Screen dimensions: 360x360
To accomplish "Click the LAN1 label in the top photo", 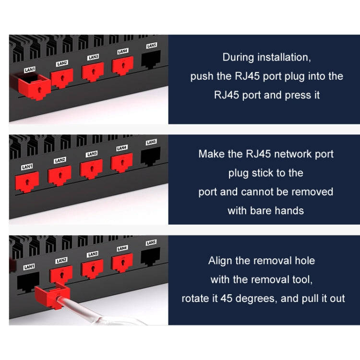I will tap(30, 70).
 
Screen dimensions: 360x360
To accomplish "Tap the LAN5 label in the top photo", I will tap(151, 46).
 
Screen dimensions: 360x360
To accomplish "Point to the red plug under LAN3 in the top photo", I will tap(93, 72).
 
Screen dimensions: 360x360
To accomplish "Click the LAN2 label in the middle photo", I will tap(60, 160).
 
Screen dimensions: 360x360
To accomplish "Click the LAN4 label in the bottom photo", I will tap(122, 249).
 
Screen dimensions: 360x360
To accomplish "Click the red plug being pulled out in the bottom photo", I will tap(55, 293).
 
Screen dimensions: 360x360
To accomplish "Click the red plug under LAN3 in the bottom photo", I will tap(92, 268).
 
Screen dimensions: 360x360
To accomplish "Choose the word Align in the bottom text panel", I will tap(221, 261).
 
